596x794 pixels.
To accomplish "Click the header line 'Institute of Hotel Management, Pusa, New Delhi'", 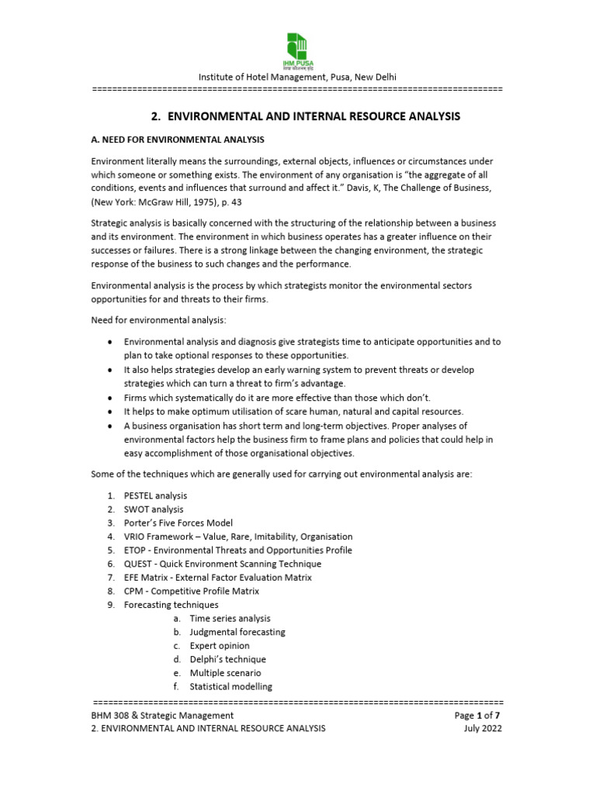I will coord(297,77).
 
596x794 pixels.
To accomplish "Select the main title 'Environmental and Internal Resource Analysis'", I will coord(305,116).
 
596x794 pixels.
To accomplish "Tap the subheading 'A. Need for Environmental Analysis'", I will coord(178,140).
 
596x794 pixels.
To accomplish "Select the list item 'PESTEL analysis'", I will coord(155,495).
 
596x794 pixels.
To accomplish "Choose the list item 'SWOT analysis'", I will coord(154,509).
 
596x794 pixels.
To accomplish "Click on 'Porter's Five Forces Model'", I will coord(178,523).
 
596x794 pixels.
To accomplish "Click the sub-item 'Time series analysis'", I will coord(230,619).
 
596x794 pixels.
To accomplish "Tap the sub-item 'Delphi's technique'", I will coord(227,659).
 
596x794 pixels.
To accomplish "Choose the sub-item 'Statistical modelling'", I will coord(230,686).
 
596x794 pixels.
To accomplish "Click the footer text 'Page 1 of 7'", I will coord(479,715).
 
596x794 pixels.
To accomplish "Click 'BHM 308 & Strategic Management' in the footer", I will coord(162,715).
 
